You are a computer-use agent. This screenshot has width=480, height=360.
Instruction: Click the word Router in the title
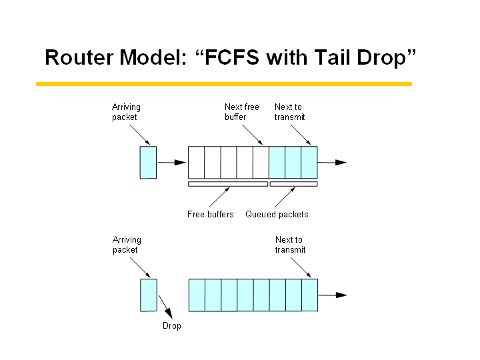(79, 57)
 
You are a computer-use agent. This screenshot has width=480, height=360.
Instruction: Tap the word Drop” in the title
(386, 58)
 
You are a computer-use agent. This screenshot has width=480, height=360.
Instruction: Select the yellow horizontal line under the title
(224, 84)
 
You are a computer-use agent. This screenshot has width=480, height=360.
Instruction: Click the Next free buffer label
(242, 112)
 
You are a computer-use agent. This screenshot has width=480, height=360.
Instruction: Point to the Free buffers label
(210, 214)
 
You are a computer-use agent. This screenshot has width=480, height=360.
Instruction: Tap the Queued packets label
(277, 215)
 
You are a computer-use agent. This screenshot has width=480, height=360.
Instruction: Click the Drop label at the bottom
(172, 326)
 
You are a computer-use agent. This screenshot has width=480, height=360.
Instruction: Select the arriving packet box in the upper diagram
(148, 163)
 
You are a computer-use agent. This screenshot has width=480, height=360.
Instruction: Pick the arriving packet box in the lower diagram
(149, 295)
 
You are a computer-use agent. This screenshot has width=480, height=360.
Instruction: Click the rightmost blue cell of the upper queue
(309, 162)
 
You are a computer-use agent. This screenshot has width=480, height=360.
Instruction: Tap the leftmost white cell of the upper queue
(196, 162)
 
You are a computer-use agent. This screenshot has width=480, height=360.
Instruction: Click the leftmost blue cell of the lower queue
(197, 295)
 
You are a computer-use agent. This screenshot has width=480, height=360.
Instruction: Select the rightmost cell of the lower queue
(310, 295)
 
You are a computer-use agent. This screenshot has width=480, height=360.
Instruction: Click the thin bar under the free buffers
(228, 184)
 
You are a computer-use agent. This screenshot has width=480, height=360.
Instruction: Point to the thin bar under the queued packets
(293, 184)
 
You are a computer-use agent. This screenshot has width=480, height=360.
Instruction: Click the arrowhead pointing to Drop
(169, 313)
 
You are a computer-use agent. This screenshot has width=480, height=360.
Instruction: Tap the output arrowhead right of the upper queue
(341, 163)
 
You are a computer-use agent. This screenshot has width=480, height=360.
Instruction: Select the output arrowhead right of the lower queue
(341, 295)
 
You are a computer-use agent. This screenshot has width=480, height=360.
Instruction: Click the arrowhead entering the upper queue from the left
(180, 163)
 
